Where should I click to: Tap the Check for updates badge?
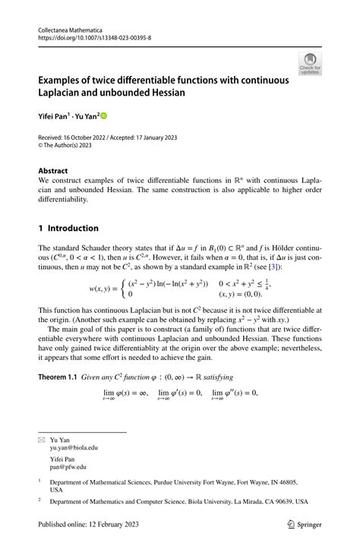tap(310, 65)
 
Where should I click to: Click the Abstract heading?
tap(53, 171)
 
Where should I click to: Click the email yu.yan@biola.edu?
tap(74, 448)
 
